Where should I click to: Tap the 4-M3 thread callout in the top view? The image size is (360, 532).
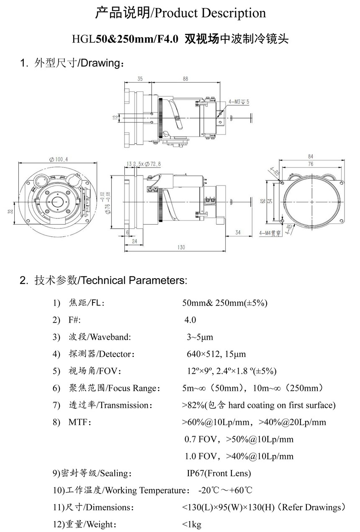pyautogui.click(x=239, y=101)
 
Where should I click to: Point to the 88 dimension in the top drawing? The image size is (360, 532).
pyautogui.click(x=185, y=78)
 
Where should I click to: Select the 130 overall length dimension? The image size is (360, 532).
pyautogui.click(x=181, y=248)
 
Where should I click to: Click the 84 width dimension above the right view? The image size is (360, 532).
pyautogui.click(x=310, y=157)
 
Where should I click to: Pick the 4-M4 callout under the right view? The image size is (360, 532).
pyautogui.click(x=270, y=233)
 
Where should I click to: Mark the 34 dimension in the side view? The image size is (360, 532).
pyautogui.click(x=238, y=232)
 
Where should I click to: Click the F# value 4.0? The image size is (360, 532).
pyautogui.click(x=190, y=320)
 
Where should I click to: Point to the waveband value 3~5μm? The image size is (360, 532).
pyautogui.click(x=200, y=337)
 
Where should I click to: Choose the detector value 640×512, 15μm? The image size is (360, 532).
pyautogui.click(x=216, y=354)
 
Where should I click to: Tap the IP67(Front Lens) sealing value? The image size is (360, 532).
pyautogui.click(x=219, y=473)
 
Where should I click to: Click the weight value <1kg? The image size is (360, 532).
pyautogui.click(x=192, y=524)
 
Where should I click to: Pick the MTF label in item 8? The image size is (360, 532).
pyautogui.click(x=80, y=422)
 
